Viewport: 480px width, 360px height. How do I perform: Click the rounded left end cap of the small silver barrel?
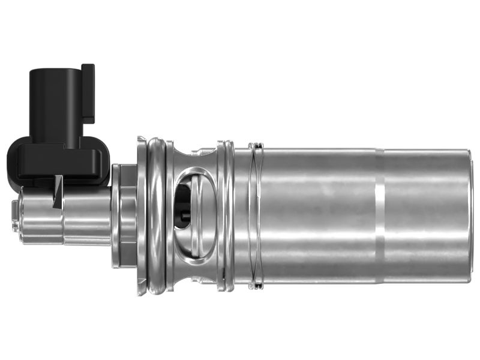[16, 216]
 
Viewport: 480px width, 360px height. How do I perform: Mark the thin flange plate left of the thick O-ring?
[141, 216]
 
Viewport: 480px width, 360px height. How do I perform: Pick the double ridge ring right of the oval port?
[226, 216]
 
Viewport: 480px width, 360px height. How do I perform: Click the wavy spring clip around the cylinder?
[257, 216]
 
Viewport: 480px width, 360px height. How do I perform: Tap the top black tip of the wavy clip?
[257, 145]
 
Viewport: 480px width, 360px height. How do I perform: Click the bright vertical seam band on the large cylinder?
[379, 216]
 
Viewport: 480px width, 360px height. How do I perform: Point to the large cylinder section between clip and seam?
[318, 216]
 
